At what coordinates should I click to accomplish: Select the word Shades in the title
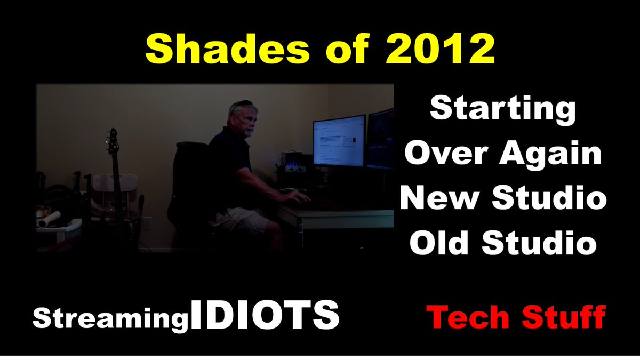[227, 49]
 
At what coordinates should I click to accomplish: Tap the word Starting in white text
[502, 110]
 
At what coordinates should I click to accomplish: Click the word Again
[550, 154]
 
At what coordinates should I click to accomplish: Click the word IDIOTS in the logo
[265, 315]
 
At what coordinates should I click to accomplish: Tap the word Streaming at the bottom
[110, 319]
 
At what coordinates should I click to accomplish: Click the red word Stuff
[564, 317]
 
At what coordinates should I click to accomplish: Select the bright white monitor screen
[339, 141]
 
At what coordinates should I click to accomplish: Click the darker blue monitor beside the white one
[381, 139]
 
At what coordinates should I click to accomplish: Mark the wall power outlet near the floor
[147, 223]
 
